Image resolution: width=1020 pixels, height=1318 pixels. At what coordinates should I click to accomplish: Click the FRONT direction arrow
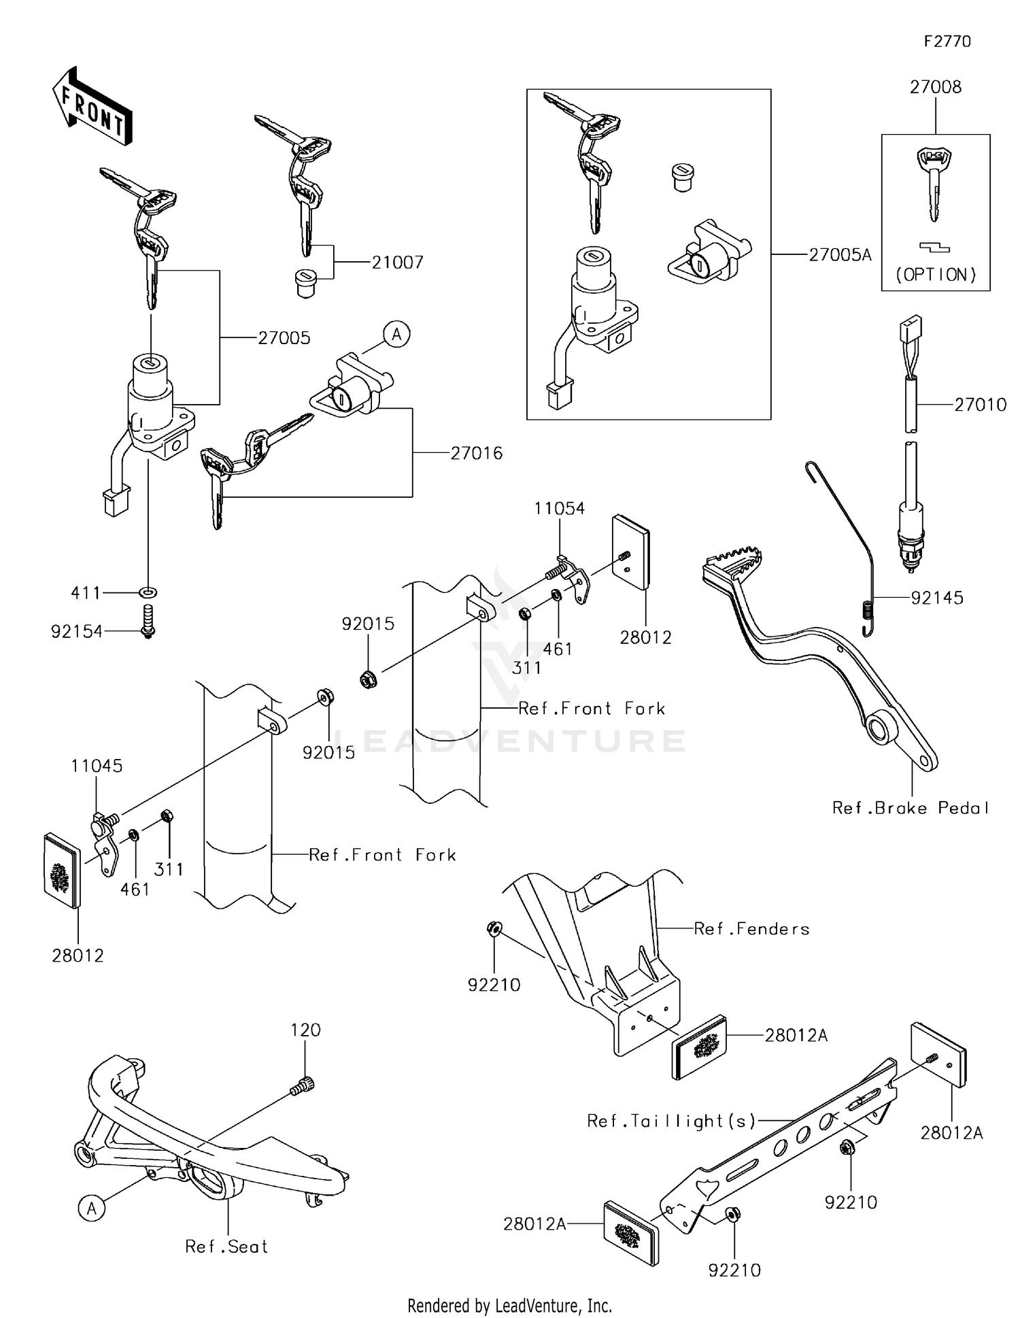pyautogui.click(x=92, y=106)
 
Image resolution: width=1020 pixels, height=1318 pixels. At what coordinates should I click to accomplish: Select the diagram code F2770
pyautogui.click(x=947, y=41)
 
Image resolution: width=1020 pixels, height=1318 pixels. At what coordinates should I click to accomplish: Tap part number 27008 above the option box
pyautogui.click(x=936, y=87)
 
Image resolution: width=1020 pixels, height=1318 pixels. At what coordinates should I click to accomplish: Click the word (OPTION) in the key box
pyautogui.click(x=936, y=275)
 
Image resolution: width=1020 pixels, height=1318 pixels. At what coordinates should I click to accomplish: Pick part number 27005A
pyautogui.click(x=840, y=255)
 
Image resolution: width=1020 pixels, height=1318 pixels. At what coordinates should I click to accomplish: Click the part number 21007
pyautogui.click(x=397, y=263)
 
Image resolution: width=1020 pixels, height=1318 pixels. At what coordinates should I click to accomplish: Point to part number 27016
pyautogui.click(x=477, y=453)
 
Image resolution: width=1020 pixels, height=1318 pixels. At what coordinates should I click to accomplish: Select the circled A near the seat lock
pyautogui.click(x=396, y=335)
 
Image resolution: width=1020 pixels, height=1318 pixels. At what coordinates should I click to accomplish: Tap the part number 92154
pyautogui.click(x=77, y=632)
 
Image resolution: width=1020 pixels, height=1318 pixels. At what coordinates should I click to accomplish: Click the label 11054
pyautogui.click(x=559, y=509)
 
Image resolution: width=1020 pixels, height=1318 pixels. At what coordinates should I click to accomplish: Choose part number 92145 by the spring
pyautogui.click(x=937, y=598)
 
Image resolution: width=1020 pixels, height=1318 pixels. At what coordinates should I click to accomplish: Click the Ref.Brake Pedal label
pyautogui.click(x=911, y=808)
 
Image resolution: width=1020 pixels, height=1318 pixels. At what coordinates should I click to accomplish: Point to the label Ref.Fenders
pyautogui.click(x=751, y=929)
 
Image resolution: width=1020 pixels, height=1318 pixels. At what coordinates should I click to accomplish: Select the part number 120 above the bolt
pyautogui.click(x=305, y=1030)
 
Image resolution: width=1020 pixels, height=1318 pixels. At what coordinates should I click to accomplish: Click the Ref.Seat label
pyautogui.click(x=226, y=1247)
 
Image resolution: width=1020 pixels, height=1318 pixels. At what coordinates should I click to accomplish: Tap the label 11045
pyautogui.click(x=97, y=766)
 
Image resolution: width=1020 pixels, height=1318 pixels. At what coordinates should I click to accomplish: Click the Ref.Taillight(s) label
pyautogui.click(x=671, y=1121)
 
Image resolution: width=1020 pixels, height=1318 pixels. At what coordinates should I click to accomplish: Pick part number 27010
pyautogui.click(x=980, y=405)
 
